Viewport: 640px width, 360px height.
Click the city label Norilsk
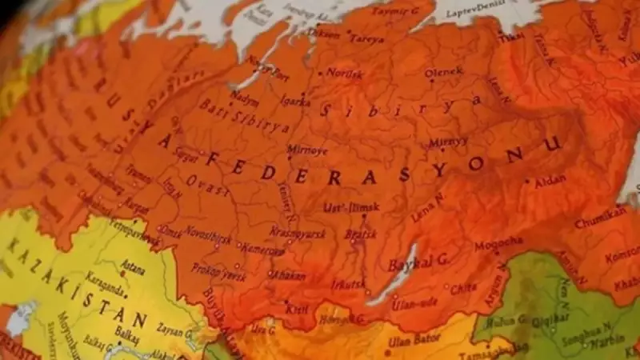tap(344, 73)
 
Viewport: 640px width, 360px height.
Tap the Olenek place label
tap(443, 72)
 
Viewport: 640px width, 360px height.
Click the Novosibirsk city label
tap(209, 239)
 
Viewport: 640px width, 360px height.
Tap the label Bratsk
tap(360, 234)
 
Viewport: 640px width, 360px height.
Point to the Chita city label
tap(463, 288)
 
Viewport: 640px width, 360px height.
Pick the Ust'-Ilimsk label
tap(351, 208)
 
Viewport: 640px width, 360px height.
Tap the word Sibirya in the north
tap(400, 106)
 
